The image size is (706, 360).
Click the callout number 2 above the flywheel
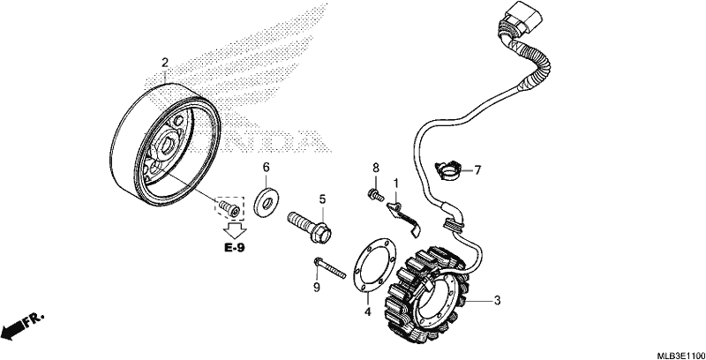coord(165,63)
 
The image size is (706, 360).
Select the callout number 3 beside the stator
coord(497,300)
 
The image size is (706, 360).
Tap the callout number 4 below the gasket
coord(367,311)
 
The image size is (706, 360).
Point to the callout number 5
coord(322,199)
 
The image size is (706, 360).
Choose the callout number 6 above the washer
coord(267,168)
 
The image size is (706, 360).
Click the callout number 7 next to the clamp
coord(477,170)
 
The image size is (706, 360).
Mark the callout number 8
coord(376,169)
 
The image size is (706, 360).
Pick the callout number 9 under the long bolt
coord(317,287)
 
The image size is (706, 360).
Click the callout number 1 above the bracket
coord(395,184)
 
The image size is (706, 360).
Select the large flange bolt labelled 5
coord(310,227)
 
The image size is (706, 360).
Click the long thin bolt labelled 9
coord(329,267)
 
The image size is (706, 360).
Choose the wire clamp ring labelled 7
coord(449,171)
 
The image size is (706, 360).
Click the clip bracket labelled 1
coord(404,218)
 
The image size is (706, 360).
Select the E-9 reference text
coord(235,247)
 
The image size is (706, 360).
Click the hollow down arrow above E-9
coord(235,230)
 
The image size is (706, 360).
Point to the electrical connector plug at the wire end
coord(522,17)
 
